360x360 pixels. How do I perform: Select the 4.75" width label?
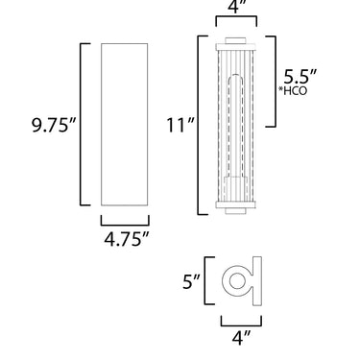[127, 239]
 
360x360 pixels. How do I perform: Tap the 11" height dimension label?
[180, 125]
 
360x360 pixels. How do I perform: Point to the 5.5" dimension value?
[300, 77]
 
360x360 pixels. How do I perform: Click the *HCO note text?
[293, 91]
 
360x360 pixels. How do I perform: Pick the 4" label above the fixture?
[236, 7]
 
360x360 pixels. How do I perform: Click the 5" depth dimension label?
[191, 282]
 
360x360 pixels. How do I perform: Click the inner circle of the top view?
[237, 280]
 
